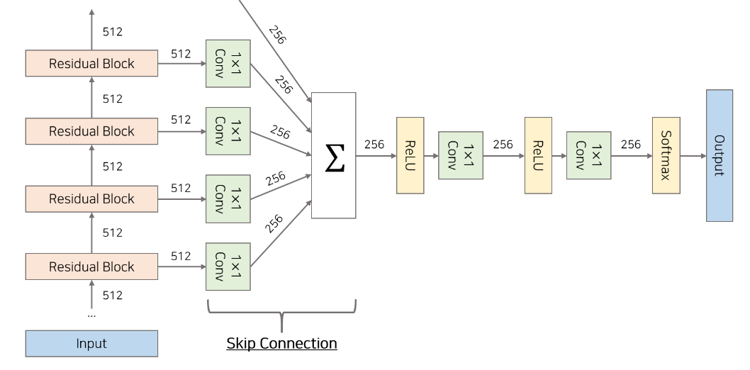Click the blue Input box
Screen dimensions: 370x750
91,344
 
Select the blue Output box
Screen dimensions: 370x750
719,155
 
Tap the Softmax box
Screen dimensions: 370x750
666,155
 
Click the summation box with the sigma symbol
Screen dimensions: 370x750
333,155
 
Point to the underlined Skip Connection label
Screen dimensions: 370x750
281,344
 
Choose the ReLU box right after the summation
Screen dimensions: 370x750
410,155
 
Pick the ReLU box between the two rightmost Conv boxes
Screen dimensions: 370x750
537,155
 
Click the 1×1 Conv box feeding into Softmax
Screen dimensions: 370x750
588,155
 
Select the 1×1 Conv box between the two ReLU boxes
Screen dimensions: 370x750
461,155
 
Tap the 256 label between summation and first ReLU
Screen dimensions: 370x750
374,145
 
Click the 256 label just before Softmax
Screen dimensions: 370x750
630,145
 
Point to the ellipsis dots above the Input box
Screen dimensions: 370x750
91,314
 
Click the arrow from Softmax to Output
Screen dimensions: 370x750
693,155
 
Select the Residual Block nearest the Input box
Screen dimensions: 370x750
91,267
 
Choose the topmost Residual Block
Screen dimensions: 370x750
91,64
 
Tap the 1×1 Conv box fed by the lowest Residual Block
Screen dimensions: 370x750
228,267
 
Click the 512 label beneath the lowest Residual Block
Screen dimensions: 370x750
112,295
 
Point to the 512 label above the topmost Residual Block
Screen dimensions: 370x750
112,32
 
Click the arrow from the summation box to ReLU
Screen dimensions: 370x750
376,155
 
